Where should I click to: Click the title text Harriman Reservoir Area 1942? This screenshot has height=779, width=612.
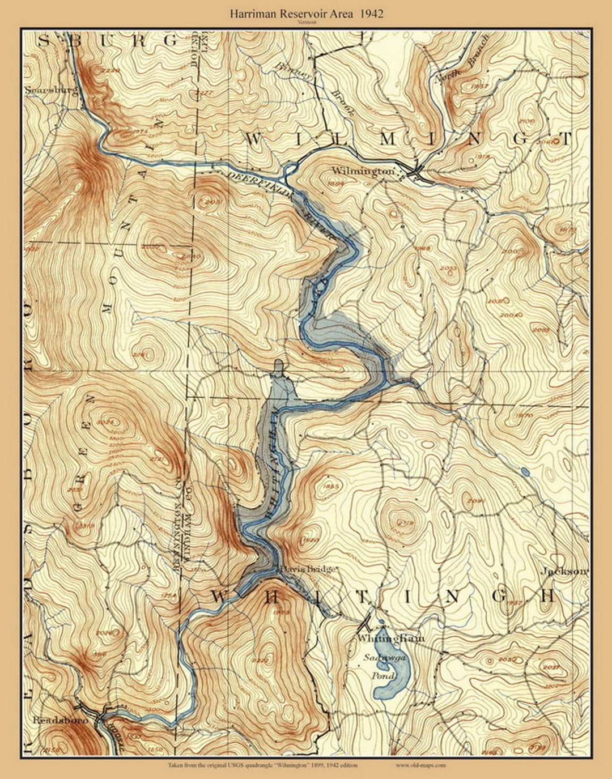tap(306, 14)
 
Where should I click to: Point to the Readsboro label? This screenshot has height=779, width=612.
tap(53, 720)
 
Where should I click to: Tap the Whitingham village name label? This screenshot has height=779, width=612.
tap(391, 638)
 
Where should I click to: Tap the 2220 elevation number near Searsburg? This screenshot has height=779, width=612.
tap(109, 71)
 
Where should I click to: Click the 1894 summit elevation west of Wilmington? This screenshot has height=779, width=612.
tap(336, 183)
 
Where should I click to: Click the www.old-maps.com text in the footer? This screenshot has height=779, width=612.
tap(420, 765)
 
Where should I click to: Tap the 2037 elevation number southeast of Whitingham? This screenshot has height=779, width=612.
tap(550, 667)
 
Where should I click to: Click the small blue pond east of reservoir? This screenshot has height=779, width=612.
tap(525, 471)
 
